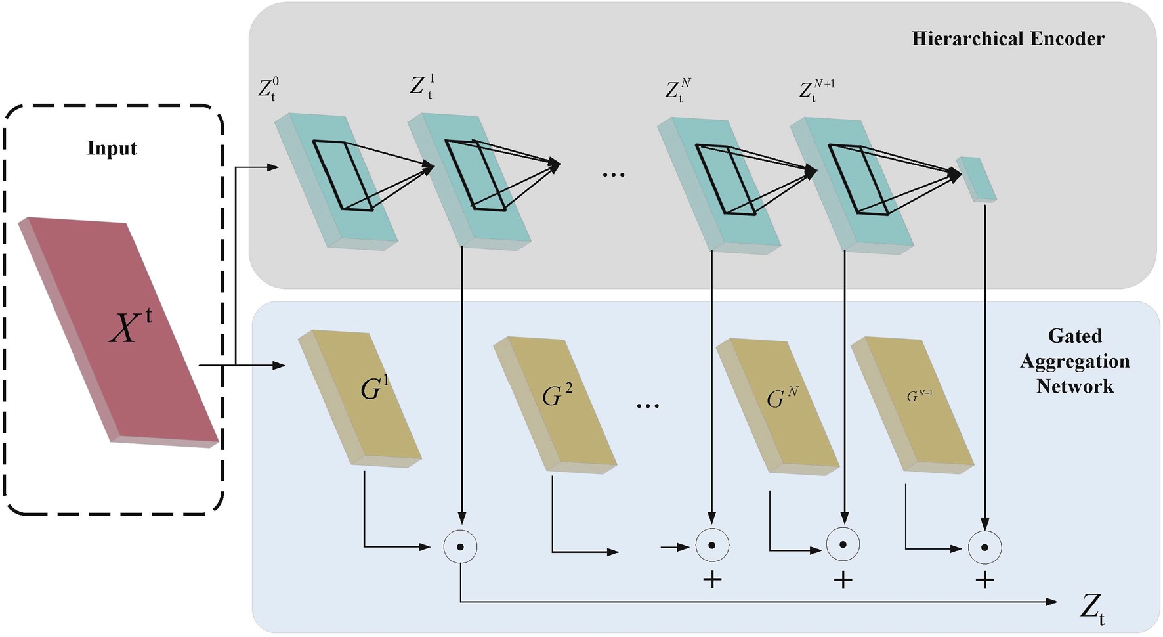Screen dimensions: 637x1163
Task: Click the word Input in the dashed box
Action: coord(112,148)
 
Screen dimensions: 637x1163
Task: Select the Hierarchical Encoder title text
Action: coord(1007,39)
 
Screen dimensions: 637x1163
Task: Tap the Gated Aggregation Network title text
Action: coord(1074,361)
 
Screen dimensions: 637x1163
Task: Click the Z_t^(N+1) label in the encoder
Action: coord(816,90)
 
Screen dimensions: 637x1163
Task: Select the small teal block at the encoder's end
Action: coord(976,178)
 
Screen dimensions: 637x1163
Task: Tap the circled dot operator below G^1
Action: coord(460,546)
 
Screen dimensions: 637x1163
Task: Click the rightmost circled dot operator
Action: coord(984,546)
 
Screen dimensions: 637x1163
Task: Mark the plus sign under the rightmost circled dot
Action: coord(984,579)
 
